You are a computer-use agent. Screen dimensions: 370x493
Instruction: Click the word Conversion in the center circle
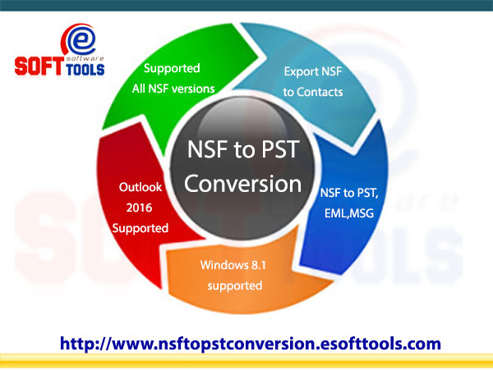pyautogui.click(x=243, y=182)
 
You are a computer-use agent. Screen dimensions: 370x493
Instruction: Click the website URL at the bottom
pyautogui.click(x=251, y=343)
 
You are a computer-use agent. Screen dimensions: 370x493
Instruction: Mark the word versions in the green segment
pyautogui.click(x=196, y=88)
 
